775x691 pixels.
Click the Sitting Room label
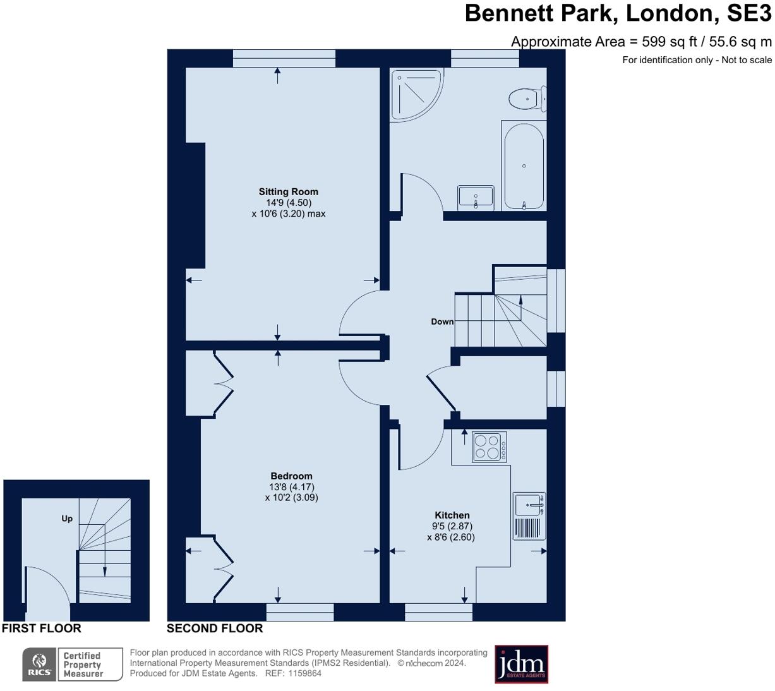tap(288, 191)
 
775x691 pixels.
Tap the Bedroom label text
tap(291, 476)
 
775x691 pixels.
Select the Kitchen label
tap(452, 515)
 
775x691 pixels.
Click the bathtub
tap(524, 166)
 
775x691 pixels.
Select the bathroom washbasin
tap(476, 197)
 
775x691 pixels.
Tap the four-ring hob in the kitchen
tap(490, 447)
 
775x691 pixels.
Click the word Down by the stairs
tap(442, 321)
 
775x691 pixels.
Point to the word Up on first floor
tap(67, 519)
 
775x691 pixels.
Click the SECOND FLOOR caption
tap(215, 628)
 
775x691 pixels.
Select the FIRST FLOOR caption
tap(42, 628)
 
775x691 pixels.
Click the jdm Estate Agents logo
tap(521, 664)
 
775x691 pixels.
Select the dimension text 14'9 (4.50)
tap(289, 203)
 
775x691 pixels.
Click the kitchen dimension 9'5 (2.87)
tap(452, 526)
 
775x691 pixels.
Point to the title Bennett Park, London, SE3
tap(618, 13)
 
